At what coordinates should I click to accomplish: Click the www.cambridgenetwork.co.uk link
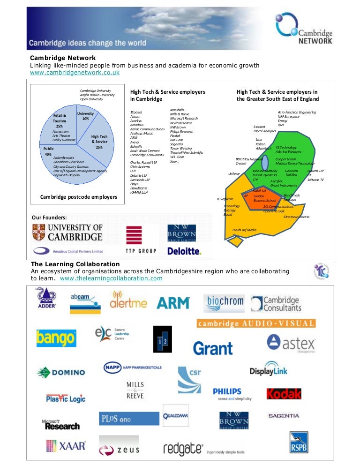click(x=75, y=73)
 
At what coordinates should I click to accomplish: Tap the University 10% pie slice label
click(x=85, y=116)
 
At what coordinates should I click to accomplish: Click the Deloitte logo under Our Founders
click(x=184, y=251)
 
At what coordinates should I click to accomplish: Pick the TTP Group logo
click(x=141, y=241)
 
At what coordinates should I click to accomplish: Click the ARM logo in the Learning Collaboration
click(x=173, y=303)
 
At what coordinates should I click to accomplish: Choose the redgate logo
click(x=183, y=449)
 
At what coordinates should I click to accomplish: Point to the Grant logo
click(x=212, y=348)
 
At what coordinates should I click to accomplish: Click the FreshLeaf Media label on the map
click(x=245, y=230)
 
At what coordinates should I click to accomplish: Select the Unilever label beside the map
click(x=234, y=173)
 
